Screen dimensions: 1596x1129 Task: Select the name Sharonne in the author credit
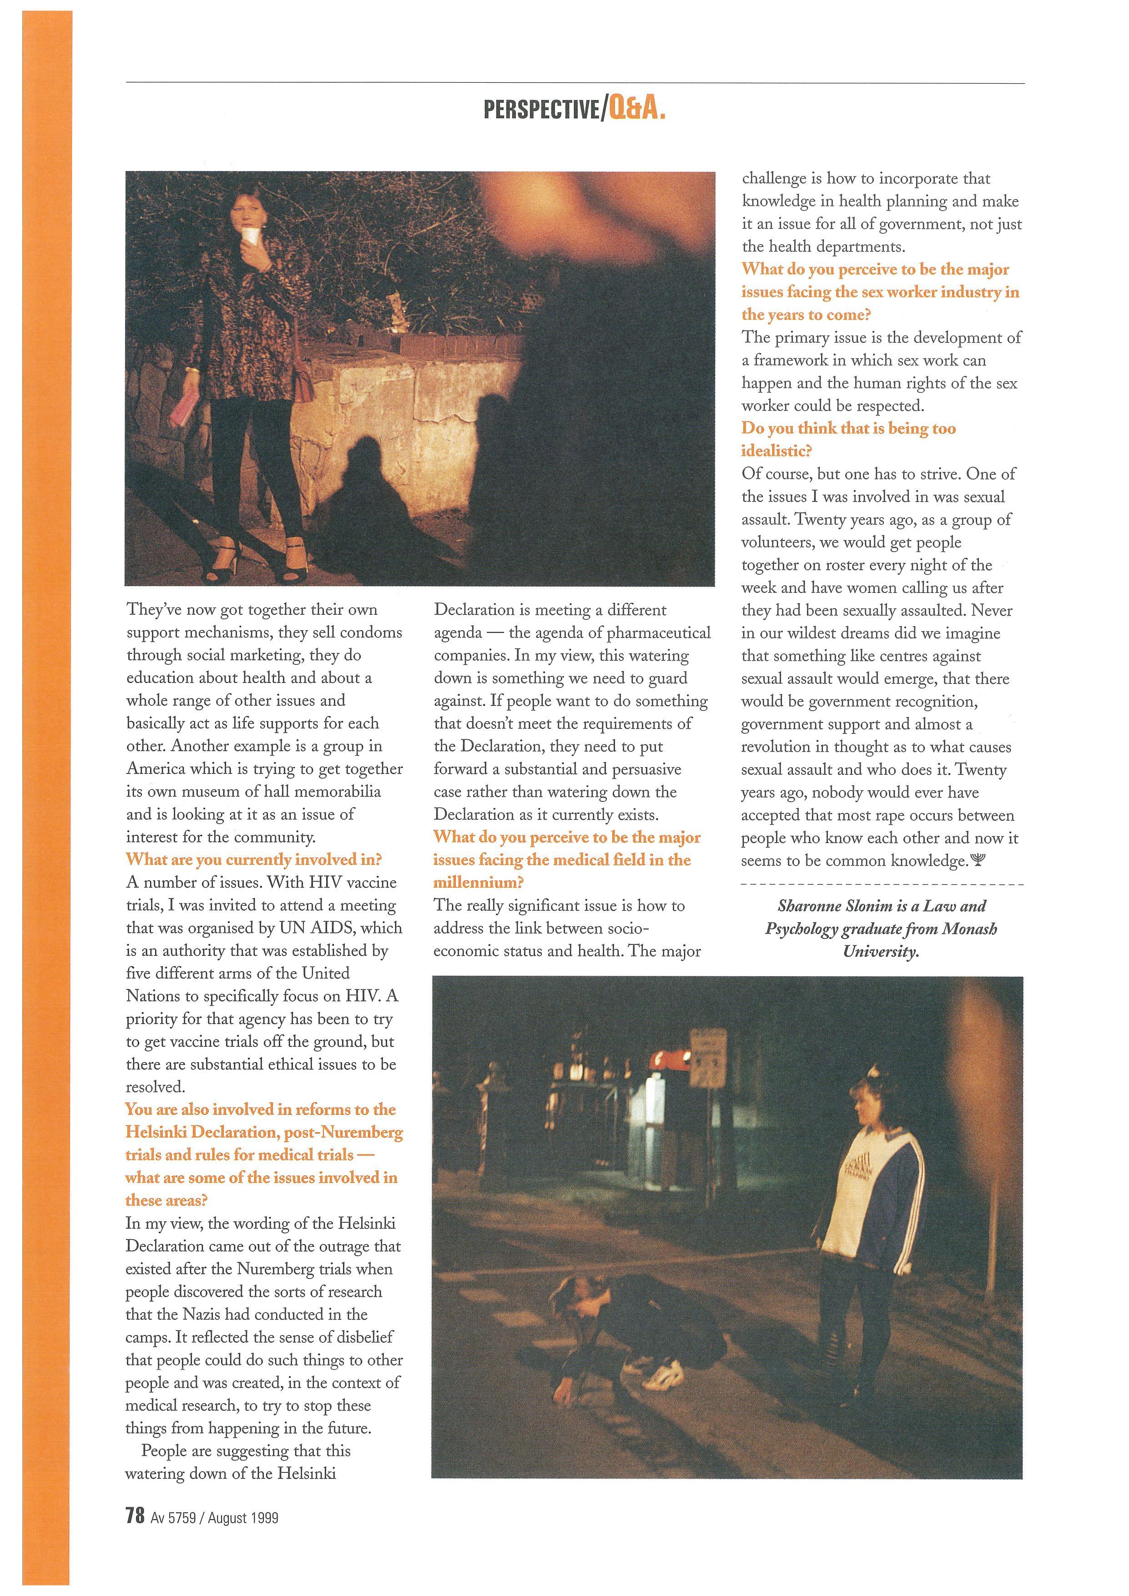click(809, 906)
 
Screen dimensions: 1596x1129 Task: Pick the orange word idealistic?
click(776, 451)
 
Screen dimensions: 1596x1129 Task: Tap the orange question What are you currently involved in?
click(254, 860)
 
